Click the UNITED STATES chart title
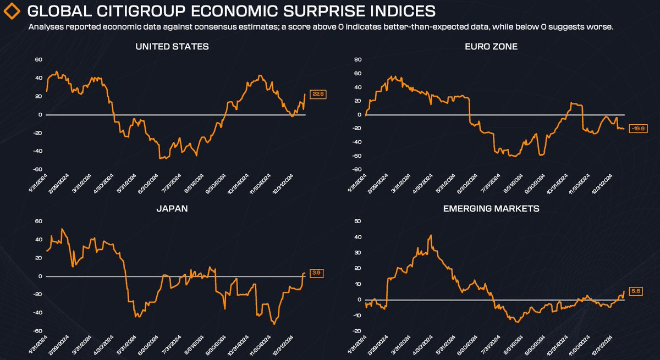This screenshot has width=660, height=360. coord(172,47)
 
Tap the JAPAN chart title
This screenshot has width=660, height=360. coord(172,209)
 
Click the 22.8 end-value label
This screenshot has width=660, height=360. coord(317,94)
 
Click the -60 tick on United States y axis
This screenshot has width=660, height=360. coord(38,170)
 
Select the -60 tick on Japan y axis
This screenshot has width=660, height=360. coord(38,331)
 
